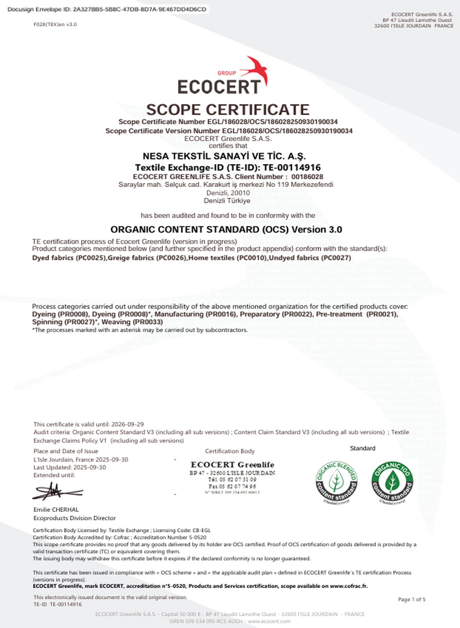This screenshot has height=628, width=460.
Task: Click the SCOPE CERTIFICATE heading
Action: [228, 110]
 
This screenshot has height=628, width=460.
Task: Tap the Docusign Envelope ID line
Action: [107, 9]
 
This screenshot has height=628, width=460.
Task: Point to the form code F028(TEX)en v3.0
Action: [55, 25]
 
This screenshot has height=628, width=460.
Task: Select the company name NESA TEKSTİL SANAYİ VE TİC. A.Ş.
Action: [224, 156]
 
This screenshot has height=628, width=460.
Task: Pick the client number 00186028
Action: [307, 177]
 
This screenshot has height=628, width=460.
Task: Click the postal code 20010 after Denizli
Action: [240, 193]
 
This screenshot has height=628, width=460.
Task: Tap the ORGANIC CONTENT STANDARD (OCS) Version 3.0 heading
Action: [226, 230]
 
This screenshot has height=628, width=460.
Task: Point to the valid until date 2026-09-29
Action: [127, 424]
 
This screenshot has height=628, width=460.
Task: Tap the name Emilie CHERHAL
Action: [56, 510]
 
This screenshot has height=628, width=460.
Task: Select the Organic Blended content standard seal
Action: [336, 482]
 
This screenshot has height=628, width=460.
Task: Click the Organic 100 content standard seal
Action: [392, 482]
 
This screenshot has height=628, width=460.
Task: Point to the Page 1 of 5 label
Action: [411, 599]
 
